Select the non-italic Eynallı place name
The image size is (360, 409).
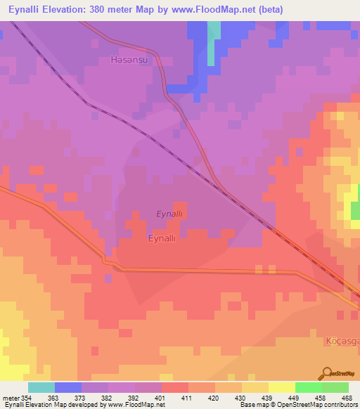click(x=167, y=239)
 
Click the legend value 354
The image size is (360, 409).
click(x=27, y=398)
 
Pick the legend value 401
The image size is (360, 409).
click(x=161, y=398)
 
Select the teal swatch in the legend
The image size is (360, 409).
click(x=41, y=387)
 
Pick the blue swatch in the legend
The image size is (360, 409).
click(x=68, y=387)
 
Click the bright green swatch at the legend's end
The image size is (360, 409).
click(x=335, y=387)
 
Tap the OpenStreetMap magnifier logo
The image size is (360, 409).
click(x=326, y=373)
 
